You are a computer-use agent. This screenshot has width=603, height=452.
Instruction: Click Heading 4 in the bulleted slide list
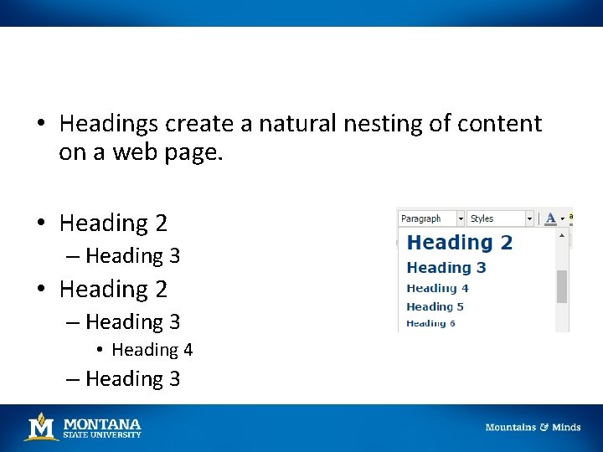pos(152,350)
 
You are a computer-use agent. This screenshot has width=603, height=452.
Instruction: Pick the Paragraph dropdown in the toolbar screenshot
pos(430,218)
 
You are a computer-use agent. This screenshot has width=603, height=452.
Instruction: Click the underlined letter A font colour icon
pos(550,218)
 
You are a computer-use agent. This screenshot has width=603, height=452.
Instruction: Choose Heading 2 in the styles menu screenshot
pos(459,243)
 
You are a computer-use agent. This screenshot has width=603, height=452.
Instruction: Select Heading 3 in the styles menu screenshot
pos(446,268)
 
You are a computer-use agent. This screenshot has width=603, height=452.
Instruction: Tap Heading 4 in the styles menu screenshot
pos(437,288)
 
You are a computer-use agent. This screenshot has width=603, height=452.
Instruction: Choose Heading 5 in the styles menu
pos(435,306)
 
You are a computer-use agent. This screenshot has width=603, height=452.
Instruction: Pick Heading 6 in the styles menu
pos(430,323)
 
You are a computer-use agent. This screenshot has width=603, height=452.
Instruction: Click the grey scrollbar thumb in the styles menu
pos(562,286)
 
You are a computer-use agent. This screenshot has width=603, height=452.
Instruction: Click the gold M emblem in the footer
pos(40,427)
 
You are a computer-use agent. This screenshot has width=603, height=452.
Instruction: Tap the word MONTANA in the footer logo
pos(102,424)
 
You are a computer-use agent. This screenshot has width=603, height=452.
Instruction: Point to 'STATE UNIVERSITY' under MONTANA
pos(102,434)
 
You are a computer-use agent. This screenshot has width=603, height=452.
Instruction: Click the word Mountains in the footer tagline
pos(511,427)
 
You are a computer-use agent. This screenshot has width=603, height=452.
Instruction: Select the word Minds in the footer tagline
pos(566,427)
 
